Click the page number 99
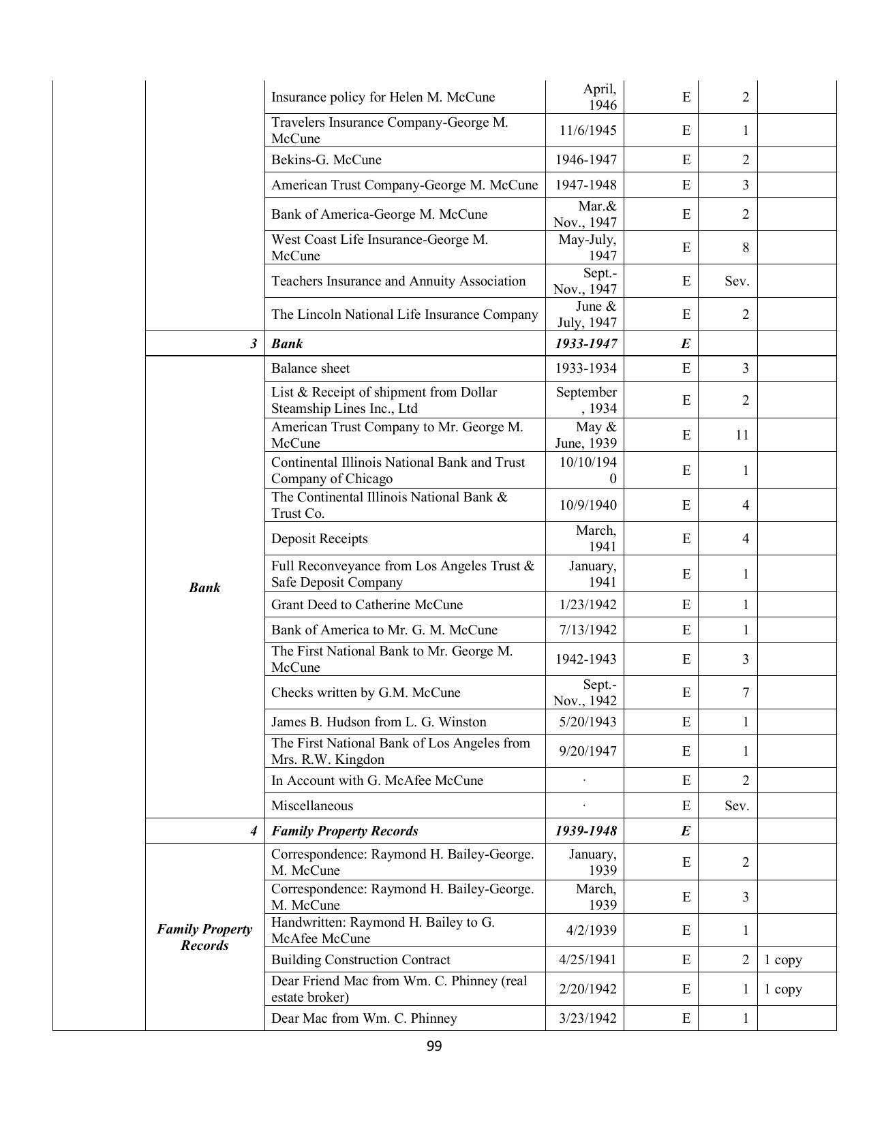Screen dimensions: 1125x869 (x=434, y=1047)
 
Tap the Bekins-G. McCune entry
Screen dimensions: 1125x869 (x=326, y=159)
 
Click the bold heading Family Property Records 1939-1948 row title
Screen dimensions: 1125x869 (x=345, y=831)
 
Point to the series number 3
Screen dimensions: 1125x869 (x=254, y=343)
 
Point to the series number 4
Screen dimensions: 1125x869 (x=254, y=831)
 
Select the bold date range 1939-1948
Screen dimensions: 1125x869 (x=586, y=831)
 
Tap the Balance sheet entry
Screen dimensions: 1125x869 (x=310, y=368)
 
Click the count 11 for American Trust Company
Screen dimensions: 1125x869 (x=742, y=435)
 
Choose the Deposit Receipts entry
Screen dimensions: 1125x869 (x=319, y=538)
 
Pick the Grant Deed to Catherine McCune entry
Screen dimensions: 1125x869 (x=367, y=604)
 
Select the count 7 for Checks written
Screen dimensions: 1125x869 (x=745, y=692)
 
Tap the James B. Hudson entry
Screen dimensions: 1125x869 (x=378, y=722)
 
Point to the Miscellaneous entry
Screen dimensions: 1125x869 (x=312, y=805)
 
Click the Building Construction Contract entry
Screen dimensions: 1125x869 (x=361, y=959)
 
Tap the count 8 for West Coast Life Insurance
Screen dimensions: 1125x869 (x=745, y=247)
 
